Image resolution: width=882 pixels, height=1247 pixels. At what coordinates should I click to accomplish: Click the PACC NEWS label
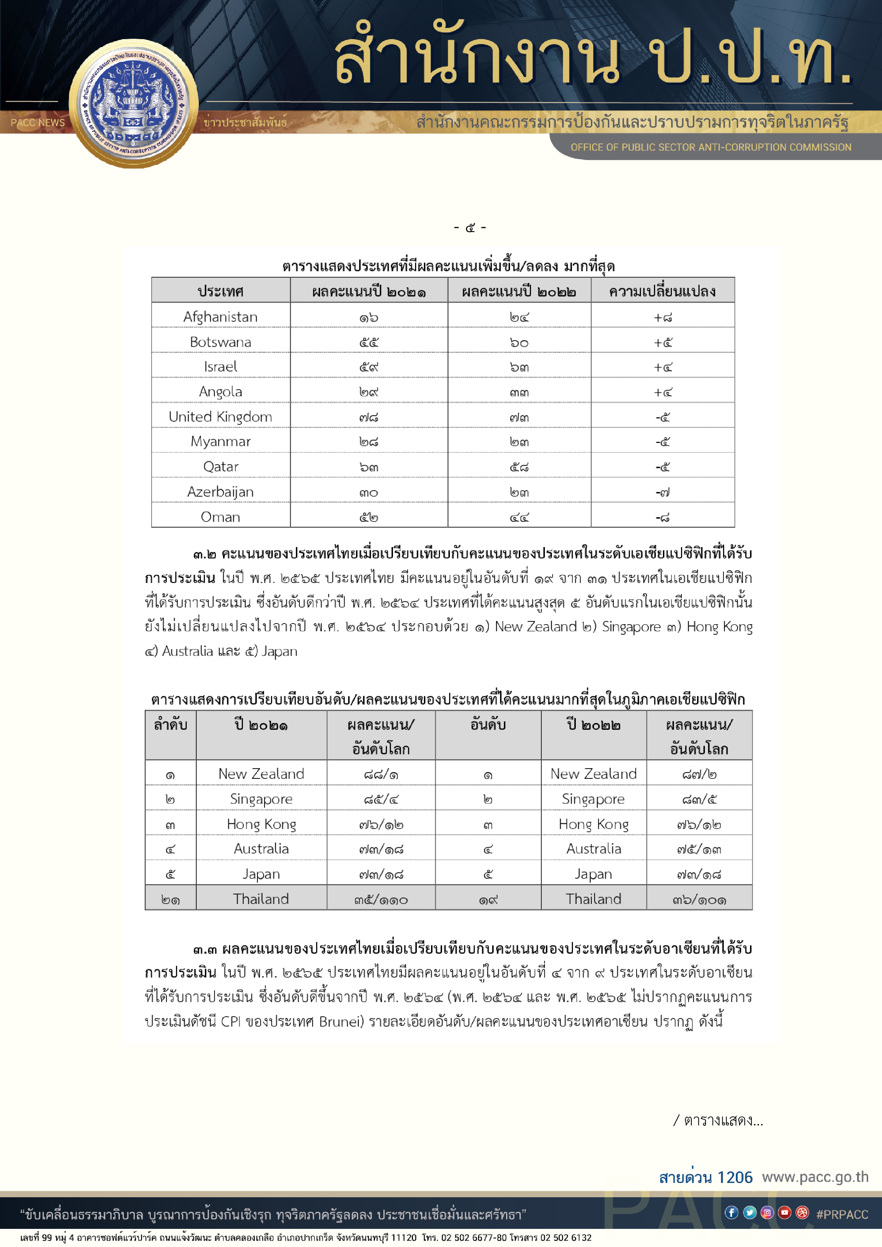[x=37, y=123]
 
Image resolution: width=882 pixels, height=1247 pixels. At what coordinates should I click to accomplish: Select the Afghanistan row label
[x=220, y=317]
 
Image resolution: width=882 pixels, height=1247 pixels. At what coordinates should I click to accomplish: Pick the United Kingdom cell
[x=220, y=417]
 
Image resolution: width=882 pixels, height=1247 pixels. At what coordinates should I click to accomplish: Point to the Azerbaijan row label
[x=220, y=492]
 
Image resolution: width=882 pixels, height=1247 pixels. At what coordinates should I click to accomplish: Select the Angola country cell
[x=220, y=392]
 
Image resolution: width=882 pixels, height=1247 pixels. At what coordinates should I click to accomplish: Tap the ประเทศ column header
[x=220, y=291]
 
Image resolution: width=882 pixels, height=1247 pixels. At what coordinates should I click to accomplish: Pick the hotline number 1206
[x=735, y=1177]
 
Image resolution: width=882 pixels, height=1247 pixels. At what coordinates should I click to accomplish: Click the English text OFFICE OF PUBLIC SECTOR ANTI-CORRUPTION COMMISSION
[x=710, y=147]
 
